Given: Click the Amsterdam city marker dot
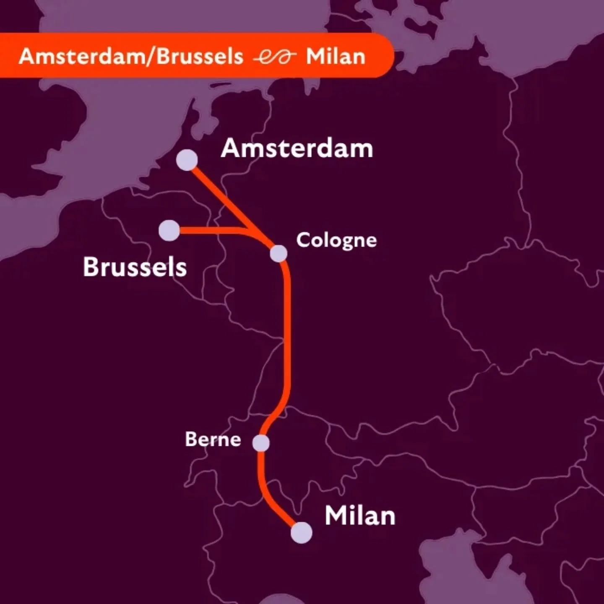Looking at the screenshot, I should pyautogui.click(x=187, y=160).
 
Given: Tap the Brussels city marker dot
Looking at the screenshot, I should pyautogui.click(x=169, y=230).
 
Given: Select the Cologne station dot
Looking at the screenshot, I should pyautogui.click(x=279, y=253).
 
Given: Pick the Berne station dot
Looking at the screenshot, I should pyautogui.click(x=261, y=443).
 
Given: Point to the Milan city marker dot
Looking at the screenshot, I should pyautogui.click(x=302, y=533).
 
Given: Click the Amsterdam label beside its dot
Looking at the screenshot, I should pyautogui.click(x=297, y=148).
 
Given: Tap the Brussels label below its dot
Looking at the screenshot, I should pyautogui.click(x=135, y=267).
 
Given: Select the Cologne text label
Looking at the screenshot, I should pyautogui.click(x=336, y=241).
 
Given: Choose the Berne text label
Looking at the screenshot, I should pyautogui.click(x=213, y=439).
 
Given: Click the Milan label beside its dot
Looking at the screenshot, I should pyautogui.click(x=360, y=515).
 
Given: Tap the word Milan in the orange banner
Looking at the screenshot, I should pyautogui.click(x=336, y=57).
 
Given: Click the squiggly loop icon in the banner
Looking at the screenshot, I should pyautogui.click(x=275, y=57).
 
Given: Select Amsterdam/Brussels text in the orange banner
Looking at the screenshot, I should pyautogui.click(x=131, y=56).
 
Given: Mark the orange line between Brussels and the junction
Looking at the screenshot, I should pyautogui.click(x=210, y=230).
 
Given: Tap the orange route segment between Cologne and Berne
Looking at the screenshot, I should pyautogui.click(x=288, y=336).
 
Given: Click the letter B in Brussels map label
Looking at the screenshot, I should pyautogui.click(x=90, y=267).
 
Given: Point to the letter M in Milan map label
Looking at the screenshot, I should pyautogui.click(x=336, y=515).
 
